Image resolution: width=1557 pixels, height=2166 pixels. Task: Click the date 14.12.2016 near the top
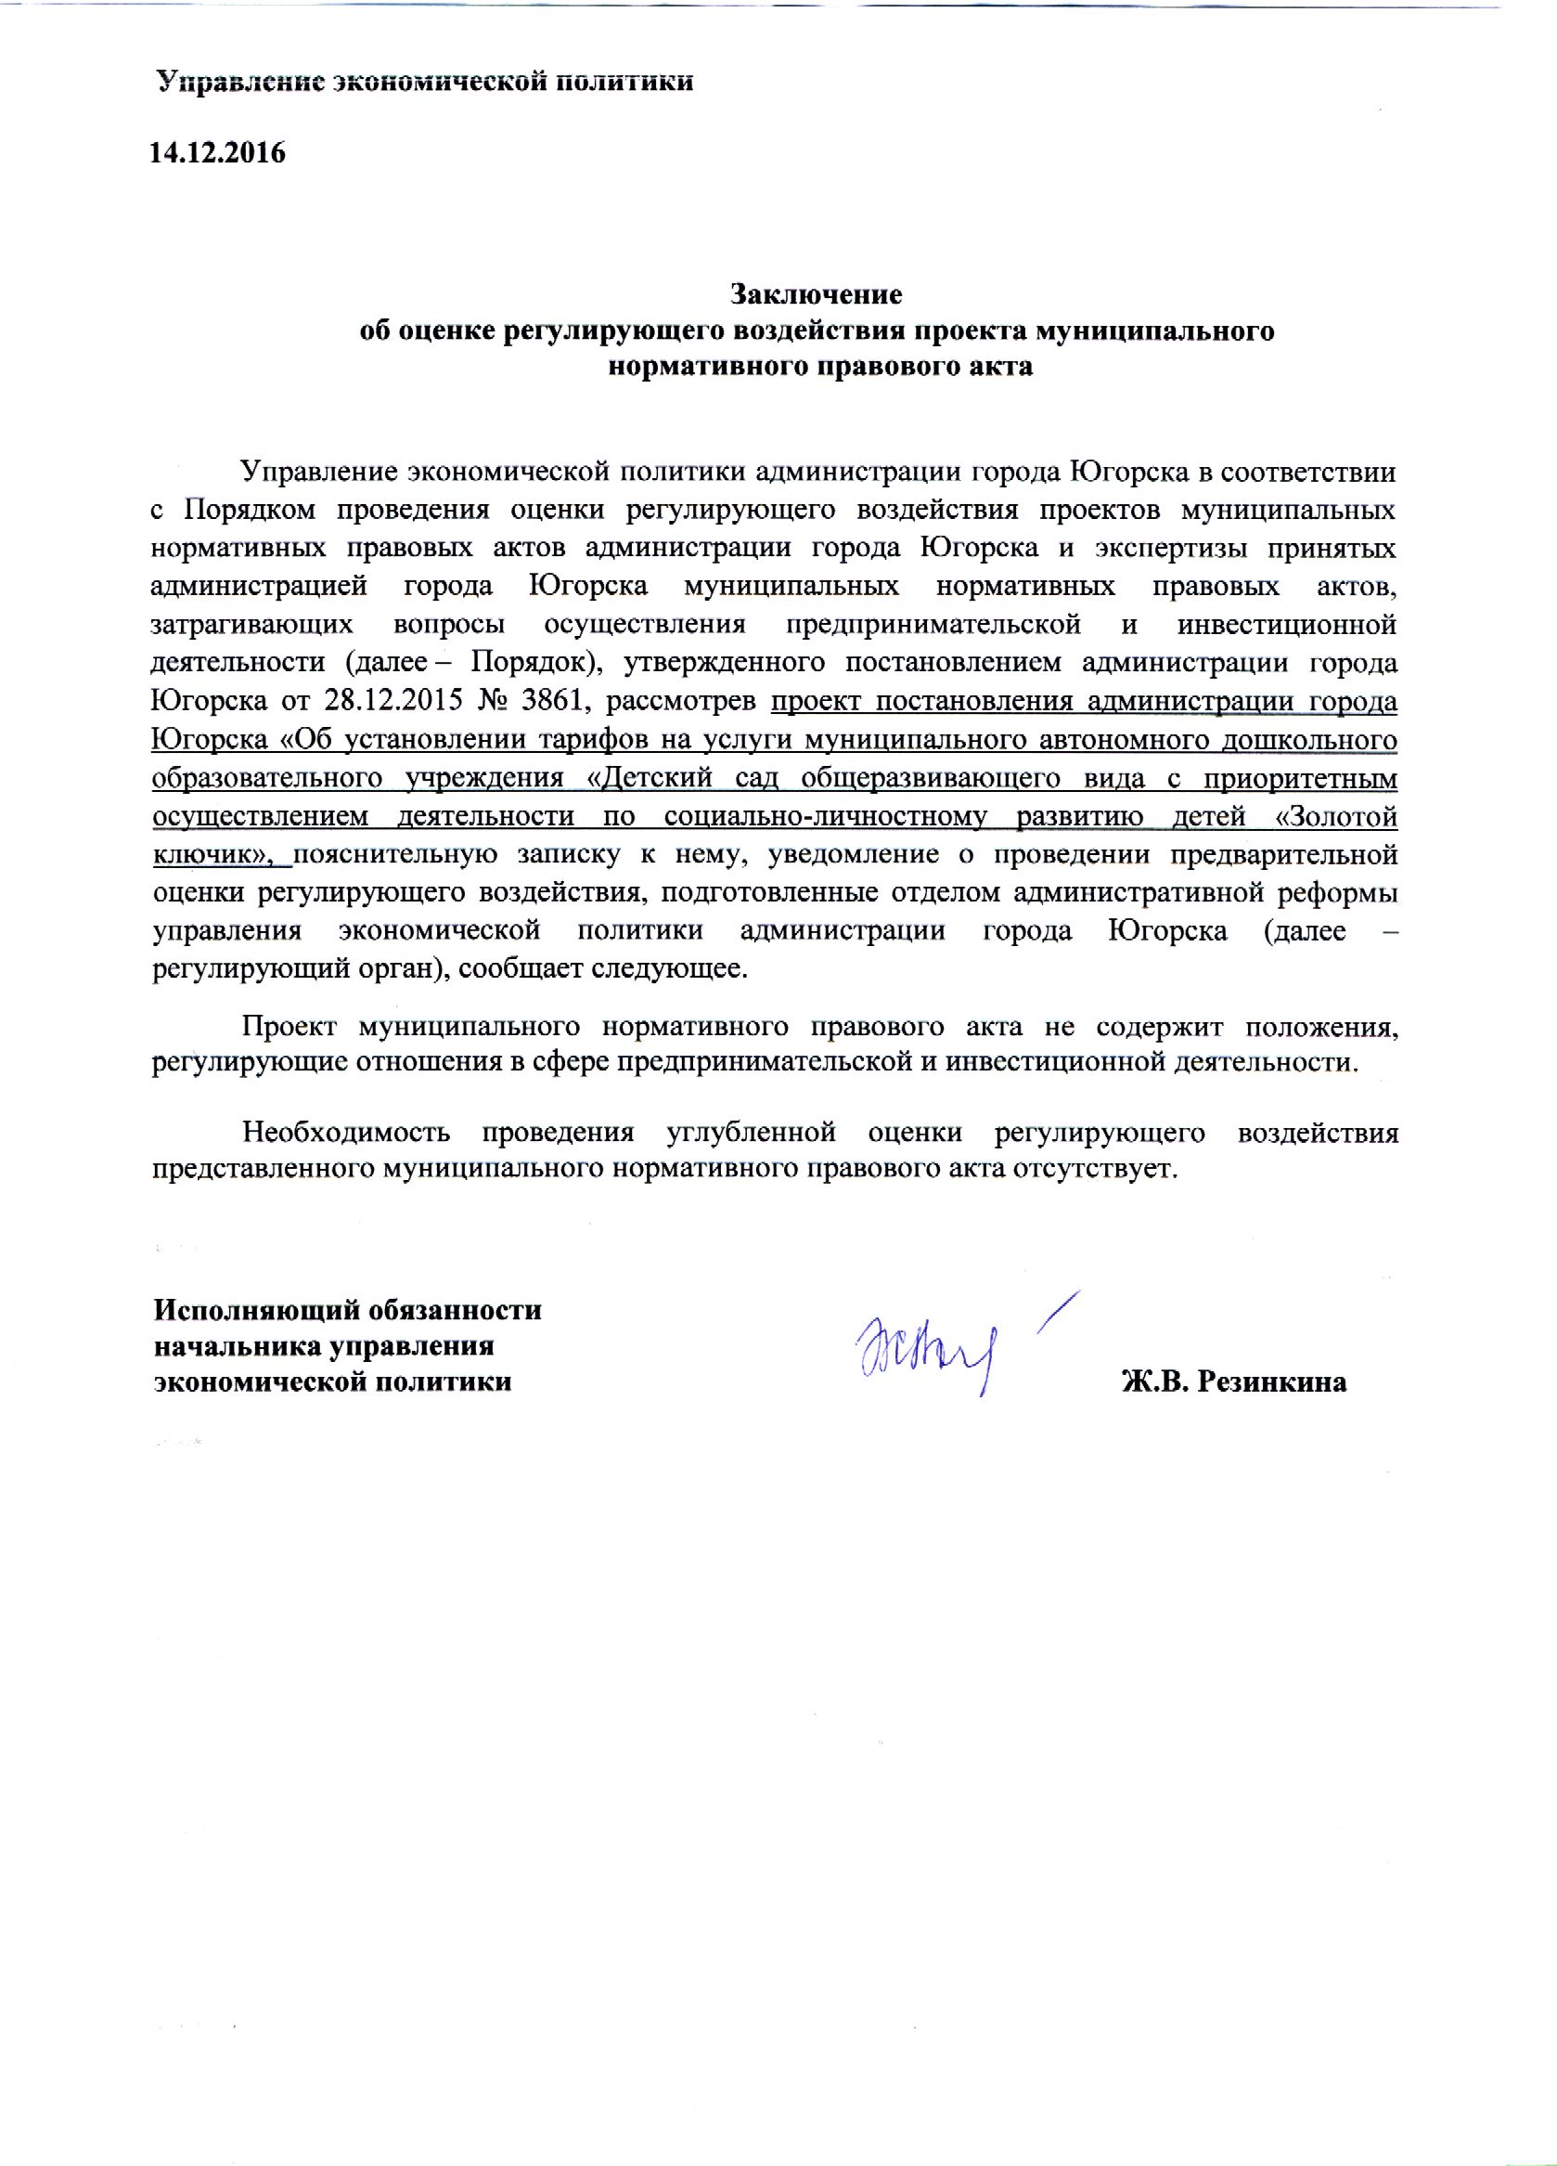218,154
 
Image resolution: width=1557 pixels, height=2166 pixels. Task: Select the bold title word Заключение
816,292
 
